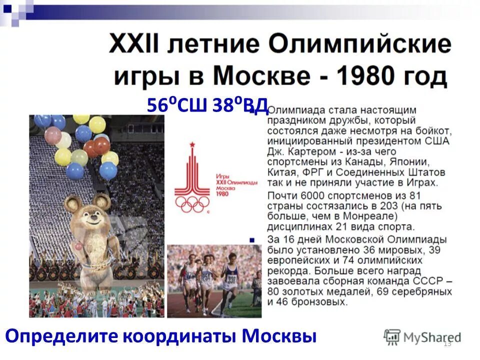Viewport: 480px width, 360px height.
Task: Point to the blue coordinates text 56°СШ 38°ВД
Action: coord(207,105)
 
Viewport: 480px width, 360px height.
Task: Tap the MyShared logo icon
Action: coord(392,336)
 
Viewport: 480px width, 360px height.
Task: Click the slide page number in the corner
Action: coord(447,343)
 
